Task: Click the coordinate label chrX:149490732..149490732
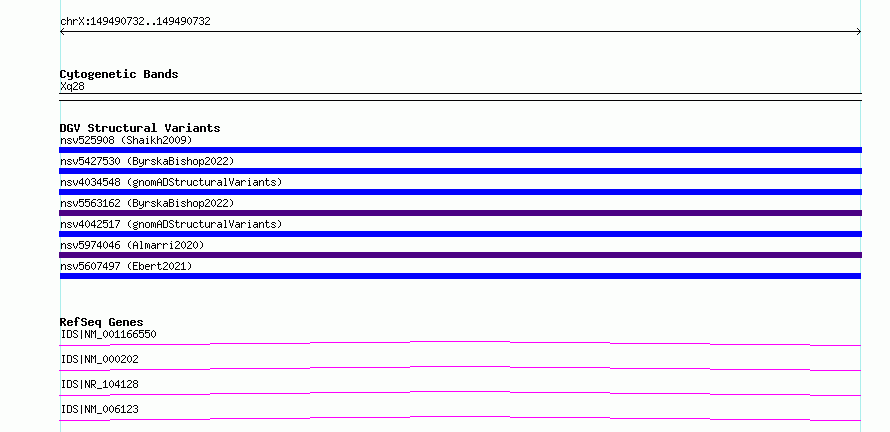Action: (x=135, y=22)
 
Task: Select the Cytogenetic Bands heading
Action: (x=119, y=74)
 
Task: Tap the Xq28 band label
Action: (x=72, y=87)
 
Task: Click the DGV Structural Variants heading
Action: (x=140, y=128)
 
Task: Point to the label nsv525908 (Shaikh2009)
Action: (x=126, y=140)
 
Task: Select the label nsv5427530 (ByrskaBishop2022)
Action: (x=147, y=161)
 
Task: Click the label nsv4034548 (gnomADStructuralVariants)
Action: (x=171, y=182)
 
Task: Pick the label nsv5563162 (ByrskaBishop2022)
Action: (x=147, y=203)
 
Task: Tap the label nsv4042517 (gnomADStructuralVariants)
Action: (x=171, y=224)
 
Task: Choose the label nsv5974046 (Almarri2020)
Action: (x=132, y=245)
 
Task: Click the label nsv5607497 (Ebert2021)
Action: (x=126, y=266)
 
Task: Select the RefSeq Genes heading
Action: (x=102, y=322)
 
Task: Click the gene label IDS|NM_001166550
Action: (x=108, y=334)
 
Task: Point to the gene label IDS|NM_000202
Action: (x=99, y=359)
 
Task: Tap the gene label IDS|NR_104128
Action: (x=99, y=384)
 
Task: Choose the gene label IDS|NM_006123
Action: (x=99, y=409)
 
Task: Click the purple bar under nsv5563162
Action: (x=460, y=213)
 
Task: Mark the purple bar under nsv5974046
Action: (x=460, y=255)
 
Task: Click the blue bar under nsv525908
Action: (x=460, y=150)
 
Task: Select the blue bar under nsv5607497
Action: (x=460, y=276)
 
